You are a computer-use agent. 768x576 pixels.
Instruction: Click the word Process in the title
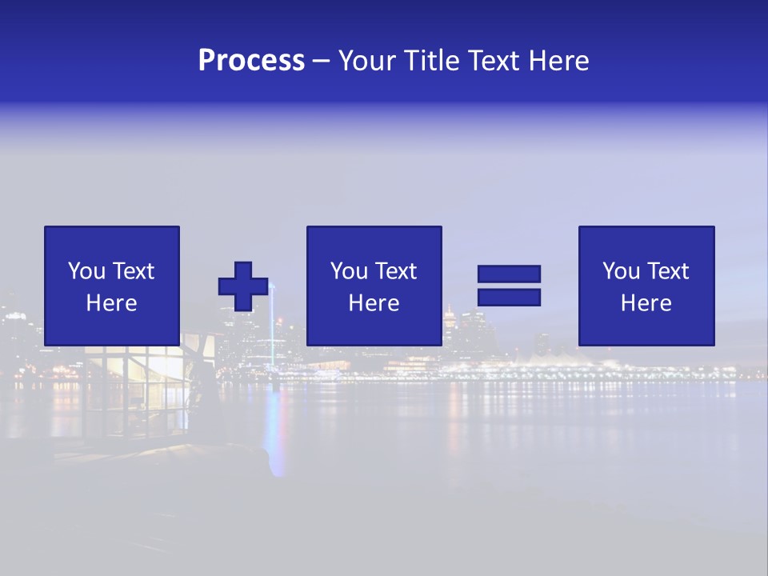point(251,61)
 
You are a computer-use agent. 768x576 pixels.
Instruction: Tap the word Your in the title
point(369,61)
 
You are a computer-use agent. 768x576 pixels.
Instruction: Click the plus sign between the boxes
point(243,286)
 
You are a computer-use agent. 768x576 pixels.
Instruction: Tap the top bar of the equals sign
point(509,274)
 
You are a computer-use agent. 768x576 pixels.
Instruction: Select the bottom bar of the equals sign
point(509,298)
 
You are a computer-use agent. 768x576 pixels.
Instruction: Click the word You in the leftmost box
point(86,271)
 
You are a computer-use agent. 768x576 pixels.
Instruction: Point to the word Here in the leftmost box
point(111,303)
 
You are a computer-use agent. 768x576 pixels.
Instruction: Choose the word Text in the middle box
point(396,271)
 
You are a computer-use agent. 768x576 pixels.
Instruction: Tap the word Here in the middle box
point(374,303)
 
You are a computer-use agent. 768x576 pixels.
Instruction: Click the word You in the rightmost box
point(621,271)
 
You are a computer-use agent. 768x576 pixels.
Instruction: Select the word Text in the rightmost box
point(668,271)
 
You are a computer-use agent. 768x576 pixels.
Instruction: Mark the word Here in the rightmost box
point(646,303)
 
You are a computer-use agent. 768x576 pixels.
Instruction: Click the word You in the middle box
point(349,271)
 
